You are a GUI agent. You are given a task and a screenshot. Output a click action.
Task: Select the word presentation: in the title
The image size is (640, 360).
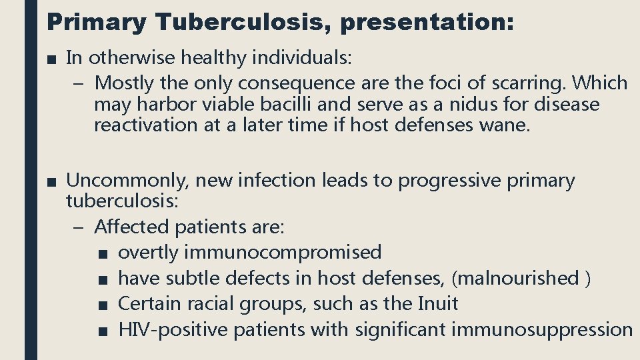point(427,23)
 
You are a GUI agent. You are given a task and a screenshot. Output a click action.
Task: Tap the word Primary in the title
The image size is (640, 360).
point(96,23)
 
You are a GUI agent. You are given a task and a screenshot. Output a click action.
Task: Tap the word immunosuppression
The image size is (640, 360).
point(542,329)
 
